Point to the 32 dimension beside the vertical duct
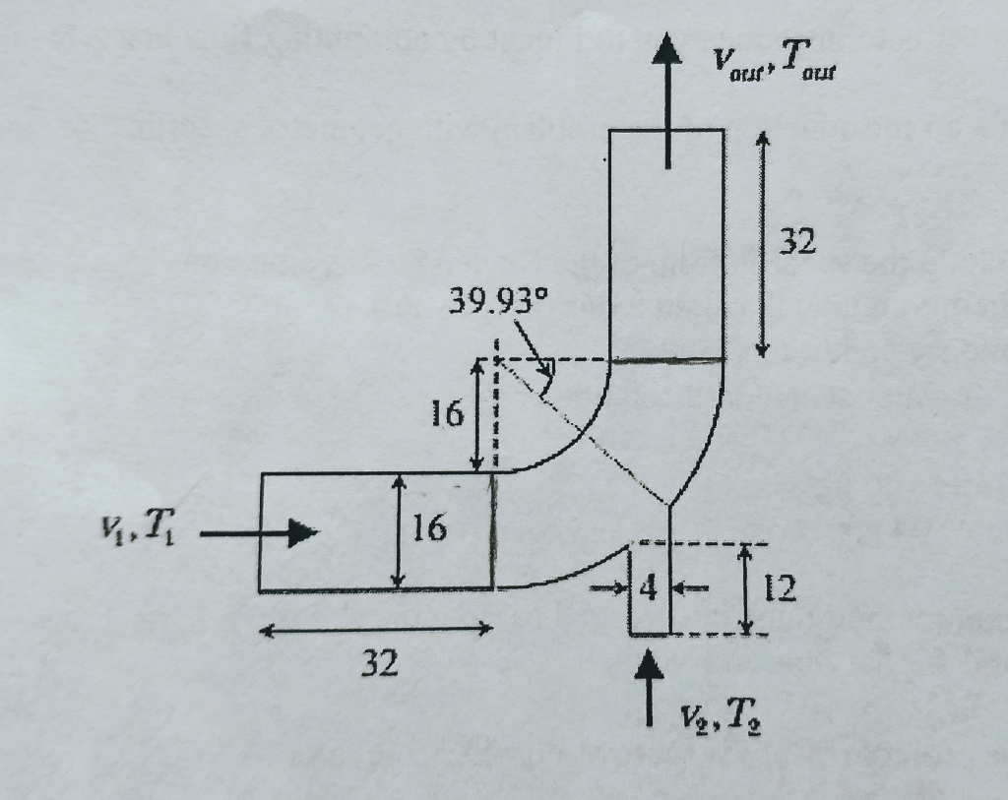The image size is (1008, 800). click(797, 241)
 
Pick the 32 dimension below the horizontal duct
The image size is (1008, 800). click(379, 665)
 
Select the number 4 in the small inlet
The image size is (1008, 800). click(648, 589)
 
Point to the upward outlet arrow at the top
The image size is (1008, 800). click(667, 98)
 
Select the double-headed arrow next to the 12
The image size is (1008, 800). click(746, 589)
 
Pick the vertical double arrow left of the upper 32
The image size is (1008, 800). click(762, 244)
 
